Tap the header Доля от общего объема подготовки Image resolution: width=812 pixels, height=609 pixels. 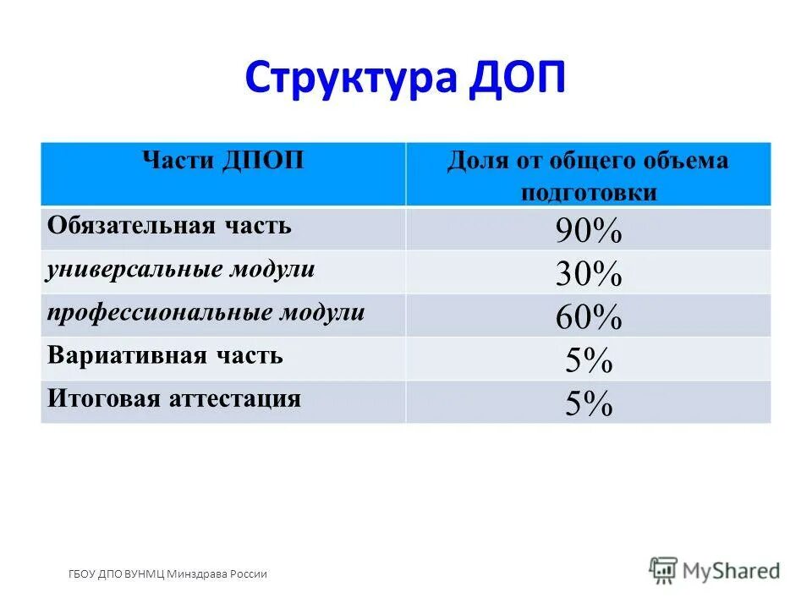(x=588, y=174)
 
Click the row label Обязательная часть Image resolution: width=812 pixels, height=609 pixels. (x=169, y=226)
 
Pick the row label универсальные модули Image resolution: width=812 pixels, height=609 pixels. (x=181, y=270)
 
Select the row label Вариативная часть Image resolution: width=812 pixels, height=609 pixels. (x=165, y=355)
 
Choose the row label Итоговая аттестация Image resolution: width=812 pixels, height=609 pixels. (x=174, y=398)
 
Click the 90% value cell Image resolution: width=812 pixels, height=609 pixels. (x=589, y=230)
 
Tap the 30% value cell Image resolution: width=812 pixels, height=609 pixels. (x=589, y=273)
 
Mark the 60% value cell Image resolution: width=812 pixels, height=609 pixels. (x=589, y=316)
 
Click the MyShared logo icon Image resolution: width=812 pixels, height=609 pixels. (x=663, y=571)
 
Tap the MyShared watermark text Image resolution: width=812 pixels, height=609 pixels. (x=732, y=572)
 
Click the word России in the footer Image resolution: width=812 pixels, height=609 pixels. (x=248, y=574)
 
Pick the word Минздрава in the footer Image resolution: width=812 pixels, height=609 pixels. (x=197, y=574)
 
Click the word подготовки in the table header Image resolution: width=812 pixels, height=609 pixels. (x=588, y=192)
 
